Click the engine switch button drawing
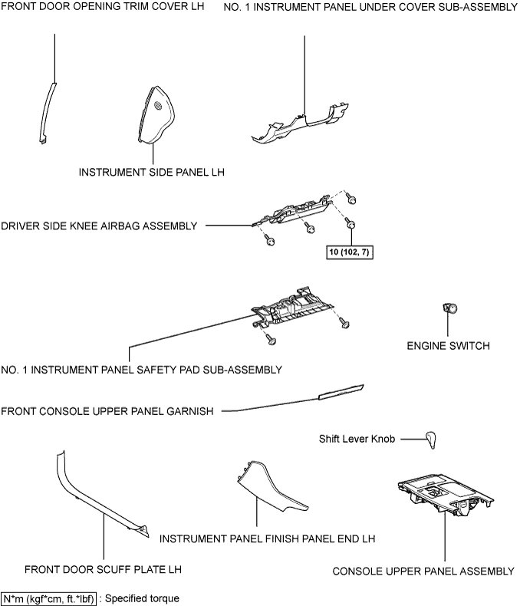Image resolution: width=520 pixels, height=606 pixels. click(449, 308)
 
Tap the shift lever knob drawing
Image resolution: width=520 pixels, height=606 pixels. click(431, 440)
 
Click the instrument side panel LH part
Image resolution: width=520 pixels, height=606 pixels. click(156, 115)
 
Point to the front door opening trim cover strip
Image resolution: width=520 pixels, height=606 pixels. click(48, 113)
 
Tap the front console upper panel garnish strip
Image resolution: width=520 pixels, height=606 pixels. click(341, 392)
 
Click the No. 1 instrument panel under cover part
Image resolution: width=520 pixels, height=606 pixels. click(300, 124)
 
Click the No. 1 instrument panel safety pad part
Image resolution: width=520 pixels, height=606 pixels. click(292, 308)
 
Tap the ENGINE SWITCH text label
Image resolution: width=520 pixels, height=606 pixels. click(448, 345)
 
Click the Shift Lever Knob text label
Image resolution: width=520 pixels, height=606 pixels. click(357, 439)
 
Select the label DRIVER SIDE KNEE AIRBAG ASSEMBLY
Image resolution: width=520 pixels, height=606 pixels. click(99, 226)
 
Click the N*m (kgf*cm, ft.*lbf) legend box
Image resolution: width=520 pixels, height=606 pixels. click(48, 598)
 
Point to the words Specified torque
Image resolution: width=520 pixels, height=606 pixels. click(142, 598)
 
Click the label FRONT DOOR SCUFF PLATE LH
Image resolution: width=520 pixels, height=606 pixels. click(103, 569)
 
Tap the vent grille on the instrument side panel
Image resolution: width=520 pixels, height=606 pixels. click(158, 106)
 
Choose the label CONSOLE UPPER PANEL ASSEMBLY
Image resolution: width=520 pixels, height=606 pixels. click(423, 571)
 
